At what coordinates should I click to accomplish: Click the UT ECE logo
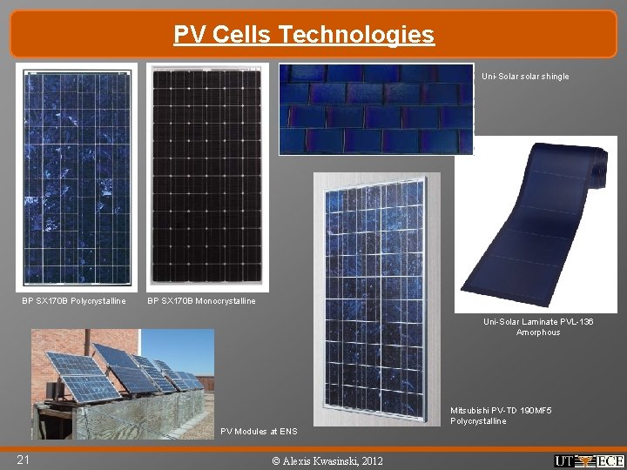[x=589, y=460]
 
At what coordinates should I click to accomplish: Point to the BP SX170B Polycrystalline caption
[x=74, y=301]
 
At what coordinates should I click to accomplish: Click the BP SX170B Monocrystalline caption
[x=201, y=301]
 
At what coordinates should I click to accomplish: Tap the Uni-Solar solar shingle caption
[x=525, y=77]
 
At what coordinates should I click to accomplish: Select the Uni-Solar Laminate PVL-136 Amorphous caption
[x=538, y=327]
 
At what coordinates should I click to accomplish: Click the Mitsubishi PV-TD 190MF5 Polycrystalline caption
[x=501, y=415]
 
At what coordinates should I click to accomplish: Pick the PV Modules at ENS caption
[x=259, y=431]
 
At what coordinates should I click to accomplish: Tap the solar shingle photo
[x=376, y=109]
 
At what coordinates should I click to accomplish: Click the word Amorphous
[x=538, y=332]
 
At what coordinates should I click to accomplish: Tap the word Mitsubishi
[x=471, y=410]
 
